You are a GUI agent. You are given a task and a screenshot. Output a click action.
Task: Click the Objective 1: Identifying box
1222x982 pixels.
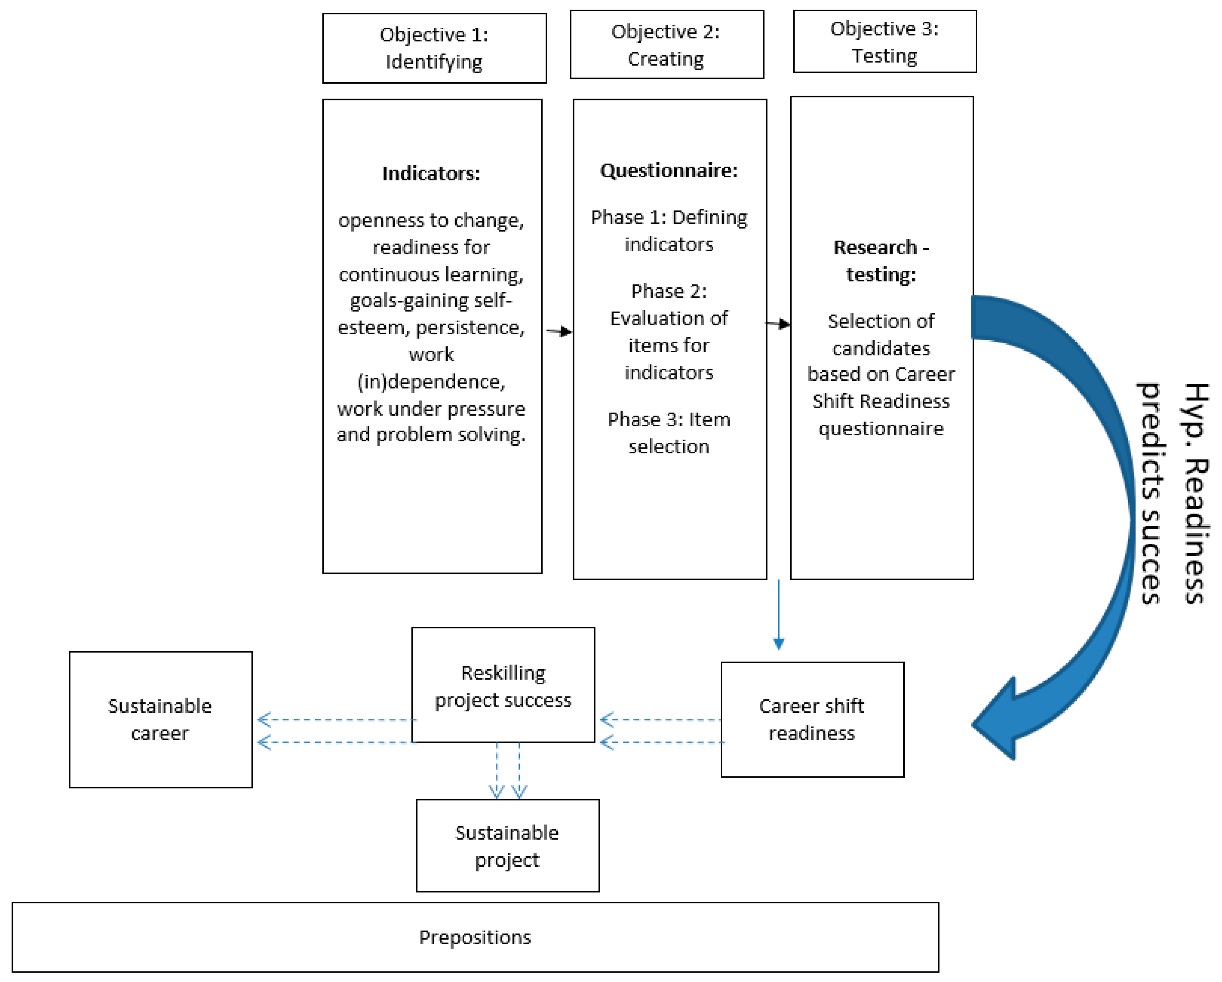434,48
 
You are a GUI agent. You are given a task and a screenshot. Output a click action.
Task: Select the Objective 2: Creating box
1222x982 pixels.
666,45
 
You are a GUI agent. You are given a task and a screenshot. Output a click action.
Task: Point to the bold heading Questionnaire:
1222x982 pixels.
669,171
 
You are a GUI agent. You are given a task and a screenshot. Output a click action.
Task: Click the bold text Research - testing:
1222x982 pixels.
881,261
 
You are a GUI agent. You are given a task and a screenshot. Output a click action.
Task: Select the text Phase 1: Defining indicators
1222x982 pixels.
669,231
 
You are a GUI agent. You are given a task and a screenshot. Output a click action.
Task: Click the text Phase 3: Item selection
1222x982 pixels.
669,433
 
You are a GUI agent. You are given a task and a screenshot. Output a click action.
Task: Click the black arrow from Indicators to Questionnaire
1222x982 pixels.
559,331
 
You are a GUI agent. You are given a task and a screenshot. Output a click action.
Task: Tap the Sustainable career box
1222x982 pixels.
160,720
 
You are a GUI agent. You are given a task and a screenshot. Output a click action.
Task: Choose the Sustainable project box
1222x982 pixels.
507,846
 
